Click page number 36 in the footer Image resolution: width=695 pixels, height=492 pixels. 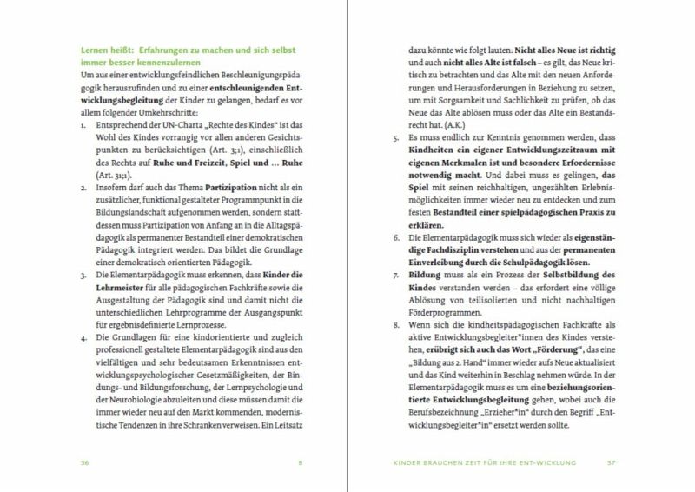coord(85,462)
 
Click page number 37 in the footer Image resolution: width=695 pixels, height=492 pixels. coord(611,462)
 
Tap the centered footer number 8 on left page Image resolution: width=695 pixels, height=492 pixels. coord(300,462)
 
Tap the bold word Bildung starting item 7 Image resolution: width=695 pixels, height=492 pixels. coord(426,273)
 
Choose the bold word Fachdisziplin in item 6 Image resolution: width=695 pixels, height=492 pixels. coord(443,249)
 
